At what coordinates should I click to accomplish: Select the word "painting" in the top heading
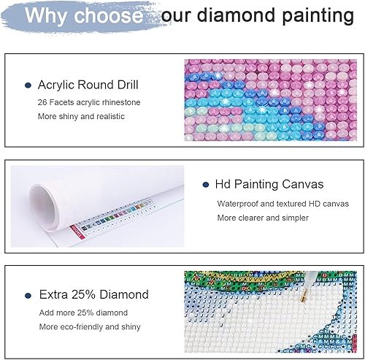pos(320,15)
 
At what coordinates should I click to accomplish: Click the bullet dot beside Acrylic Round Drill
pos(28,85)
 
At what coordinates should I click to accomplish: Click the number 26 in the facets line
pos(43,102)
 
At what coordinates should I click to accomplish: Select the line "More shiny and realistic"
pos(82,115)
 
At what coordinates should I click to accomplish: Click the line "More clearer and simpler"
pos(263,218)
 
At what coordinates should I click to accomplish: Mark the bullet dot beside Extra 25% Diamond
pos(28,295)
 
